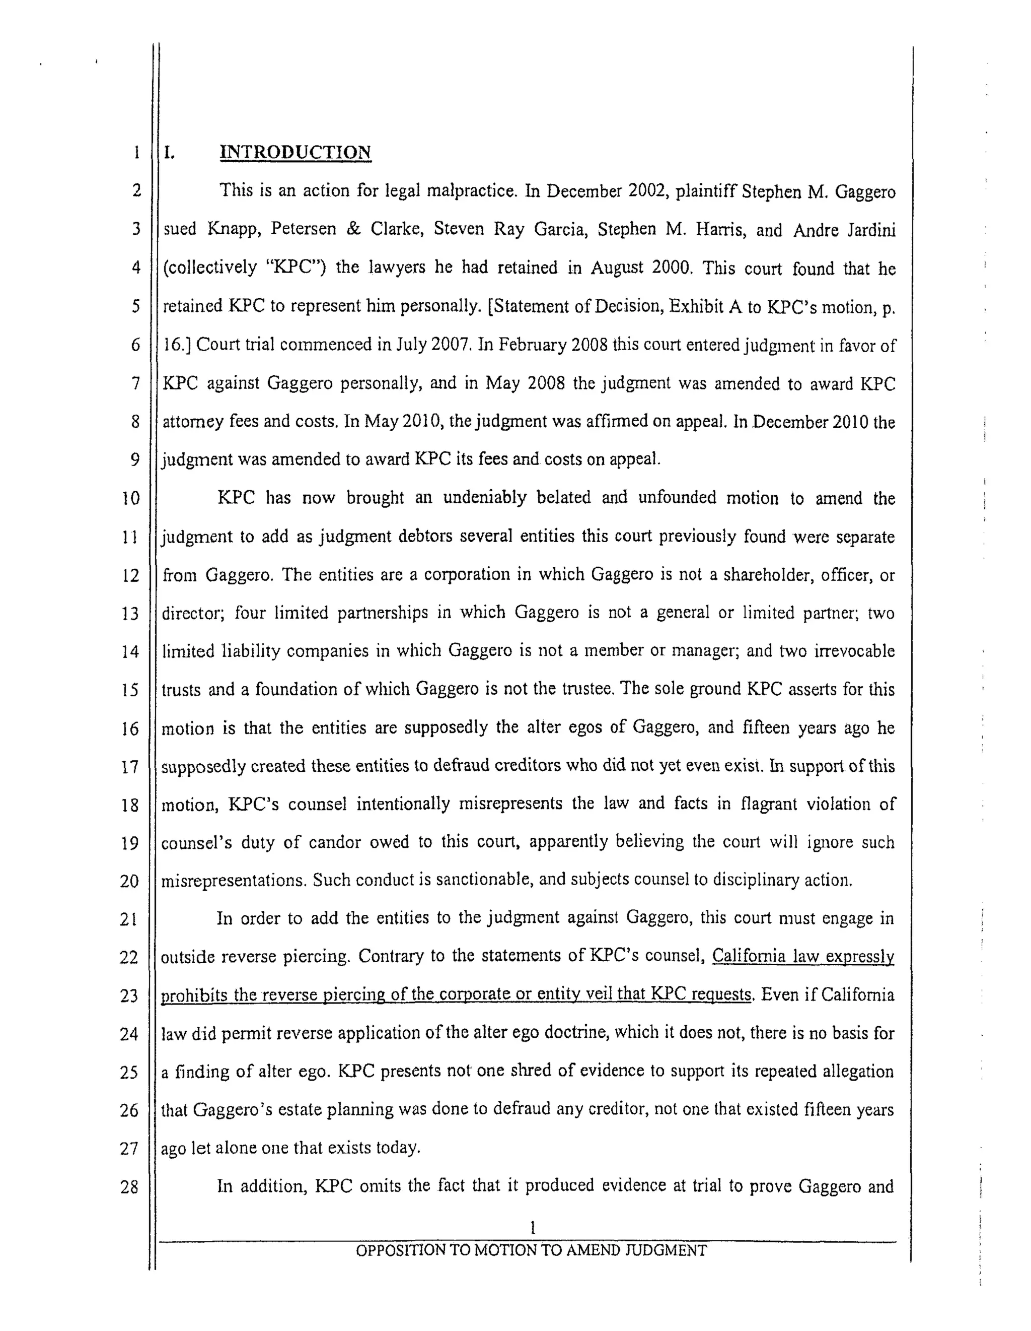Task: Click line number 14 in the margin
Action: point(130,652)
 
